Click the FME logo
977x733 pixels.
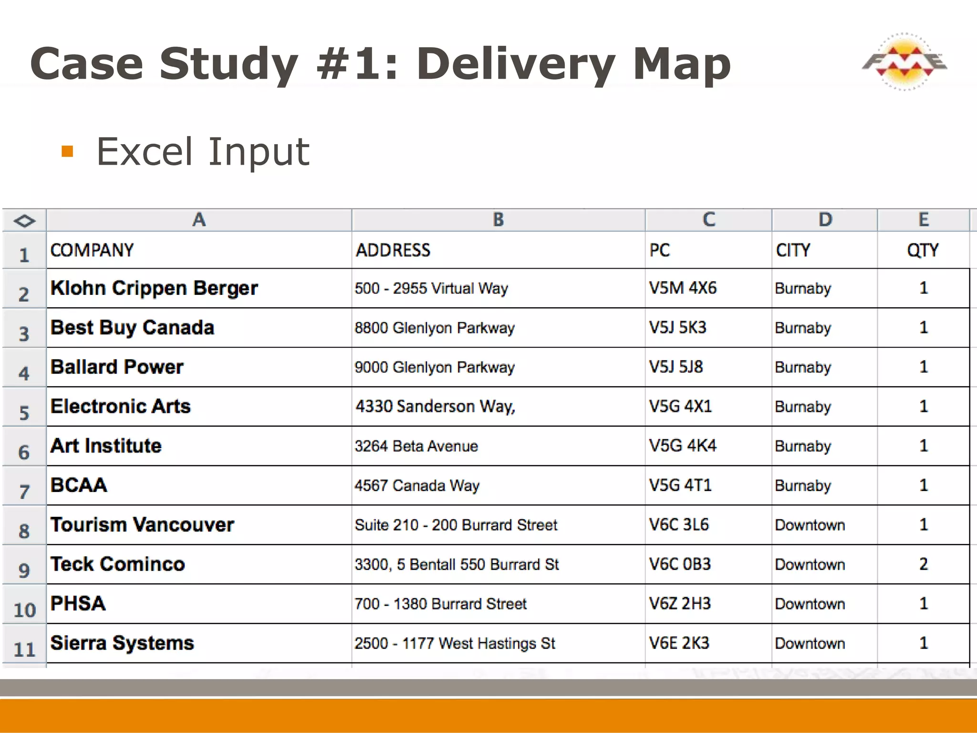(x=904, y=62)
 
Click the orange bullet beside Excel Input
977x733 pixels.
(x=67, y=152)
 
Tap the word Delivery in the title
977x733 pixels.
(x=515, y=64)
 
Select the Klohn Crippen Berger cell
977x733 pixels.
(x=154, y=288)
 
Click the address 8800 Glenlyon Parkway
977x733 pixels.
(x=435, y=328)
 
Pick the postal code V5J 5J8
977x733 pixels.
(x=676, y=367)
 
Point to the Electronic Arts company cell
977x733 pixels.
(x=121, y=407)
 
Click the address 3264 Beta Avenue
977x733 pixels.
(x=416, y=446)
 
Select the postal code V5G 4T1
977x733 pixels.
(x=680, y=485)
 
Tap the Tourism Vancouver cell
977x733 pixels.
(x=142, y=525)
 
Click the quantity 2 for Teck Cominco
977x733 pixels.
(x=924, y=564)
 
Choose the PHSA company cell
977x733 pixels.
(x=78, y=604)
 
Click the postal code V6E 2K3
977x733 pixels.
(x=679, y=643)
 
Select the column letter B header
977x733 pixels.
(x=498, y=220)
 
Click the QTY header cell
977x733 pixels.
(x=923, y=250)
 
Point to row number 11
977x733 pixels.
(x=24, y=649)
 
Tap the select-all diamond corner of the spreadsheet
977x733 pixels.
(x=24, y=220)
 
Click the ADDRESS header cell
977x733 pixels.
(x=393, y=250)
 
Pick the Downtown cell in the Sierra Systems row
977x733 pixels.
(x=810, y=643)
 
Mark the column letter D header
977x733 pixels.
(x=825, y=220)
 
